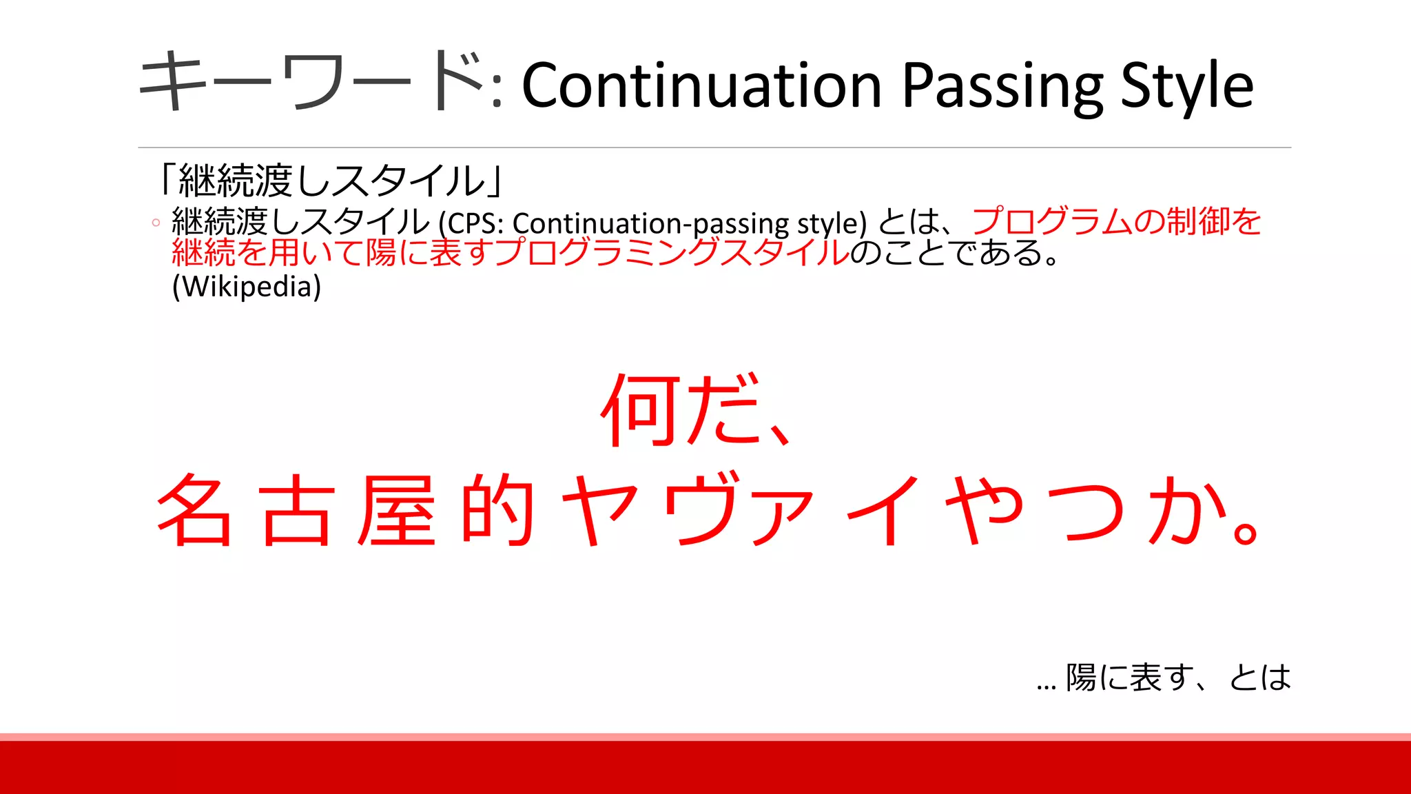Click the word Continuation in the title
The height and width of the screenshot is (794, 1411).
pos(701,85)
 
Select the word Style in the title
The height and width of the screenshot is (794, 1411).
pos(1186,87)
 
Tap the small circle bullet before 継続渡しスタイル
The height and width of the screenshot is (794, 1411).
pos(156,223)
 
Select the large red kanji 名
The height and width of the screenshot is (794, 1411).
pos(195,510)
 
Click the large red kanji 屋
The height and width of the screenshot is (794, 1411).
pos(398,510)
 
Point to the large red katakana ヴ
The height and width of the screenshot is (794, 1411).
pos(703,510)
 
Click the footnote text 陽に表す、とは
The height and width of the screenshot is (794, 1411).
pos(1178,678)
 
